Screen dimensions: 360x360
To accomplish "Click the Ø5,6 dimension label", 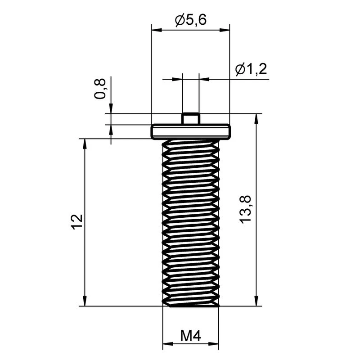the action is coord(191,20).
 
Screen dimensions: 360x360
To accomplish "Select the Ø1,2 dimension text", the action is coord(251,69).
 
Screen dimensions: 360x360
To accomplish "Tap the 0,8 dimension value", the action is coord(100,89).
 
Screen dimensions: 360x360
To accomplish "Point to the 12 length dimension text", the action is coord(77,222).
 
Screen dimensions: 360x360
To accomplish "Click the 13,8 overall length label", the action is coord(245,210).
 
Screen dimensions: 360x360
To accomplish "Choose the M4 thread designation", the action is coord(190,336).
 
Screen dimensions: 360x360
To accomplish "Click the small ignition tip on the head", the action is coord(190,118).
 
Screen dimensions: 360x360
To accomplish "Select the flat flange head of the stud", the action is coord(190,131).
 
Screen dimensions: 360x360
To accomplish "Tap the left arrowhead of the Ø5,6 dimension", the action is coord(157,30).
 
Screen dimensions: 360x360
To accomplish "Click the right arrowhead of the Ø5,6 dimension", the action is coord(225,30).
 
